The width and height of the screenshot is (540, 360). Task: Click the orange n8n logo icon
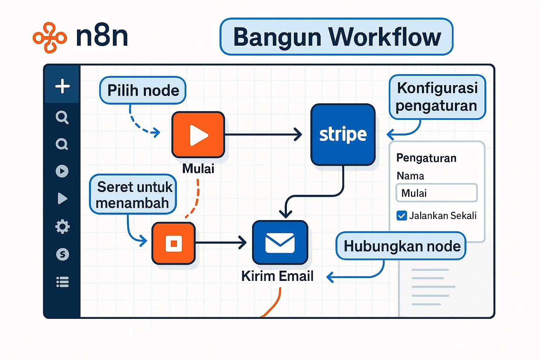(x=50, y=38)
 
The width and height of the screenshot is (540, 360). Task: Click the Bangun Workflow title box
(x=336, y=37)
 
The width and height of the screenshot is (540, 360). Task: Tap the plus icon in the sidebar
(x=63, y=86)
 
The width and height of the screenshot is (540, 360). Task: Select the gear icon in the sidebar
(x=63, y=227)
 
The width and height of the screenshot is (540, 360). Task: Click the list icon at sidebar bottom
(x=63, y=282)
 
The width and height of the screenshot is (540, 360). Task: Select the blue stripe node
(x=343, y=135)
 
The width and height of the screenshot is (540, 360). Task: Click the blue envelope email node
(x=280, y=243)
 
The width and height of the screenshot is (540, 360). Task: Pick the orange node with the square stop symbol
(x=174, y=243)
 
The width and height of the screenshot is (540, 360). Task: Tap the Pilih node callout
(x=143, y=90)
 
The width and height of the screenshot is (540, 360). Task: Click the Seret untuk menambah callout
(x=133, y=194)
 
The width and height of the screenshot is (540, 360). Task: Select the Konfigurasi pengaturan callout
(x=437, y=97)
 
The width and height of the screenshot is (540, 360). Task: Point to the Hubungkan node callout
(x=401, y=246)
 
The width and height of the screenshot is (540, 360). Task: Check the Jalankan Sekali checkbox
(x=401, y=216)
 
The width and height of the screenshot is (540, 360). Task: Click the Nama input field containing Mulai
(x=436, y=193)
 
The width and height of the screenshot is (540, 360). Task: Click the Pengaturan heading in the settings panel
(x=426, y=158)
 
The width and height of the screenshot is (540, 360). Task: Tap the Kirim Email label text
(x=277, y=276)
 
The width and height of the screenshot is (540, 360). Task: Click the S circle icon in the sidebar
(x=63, y=254)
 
